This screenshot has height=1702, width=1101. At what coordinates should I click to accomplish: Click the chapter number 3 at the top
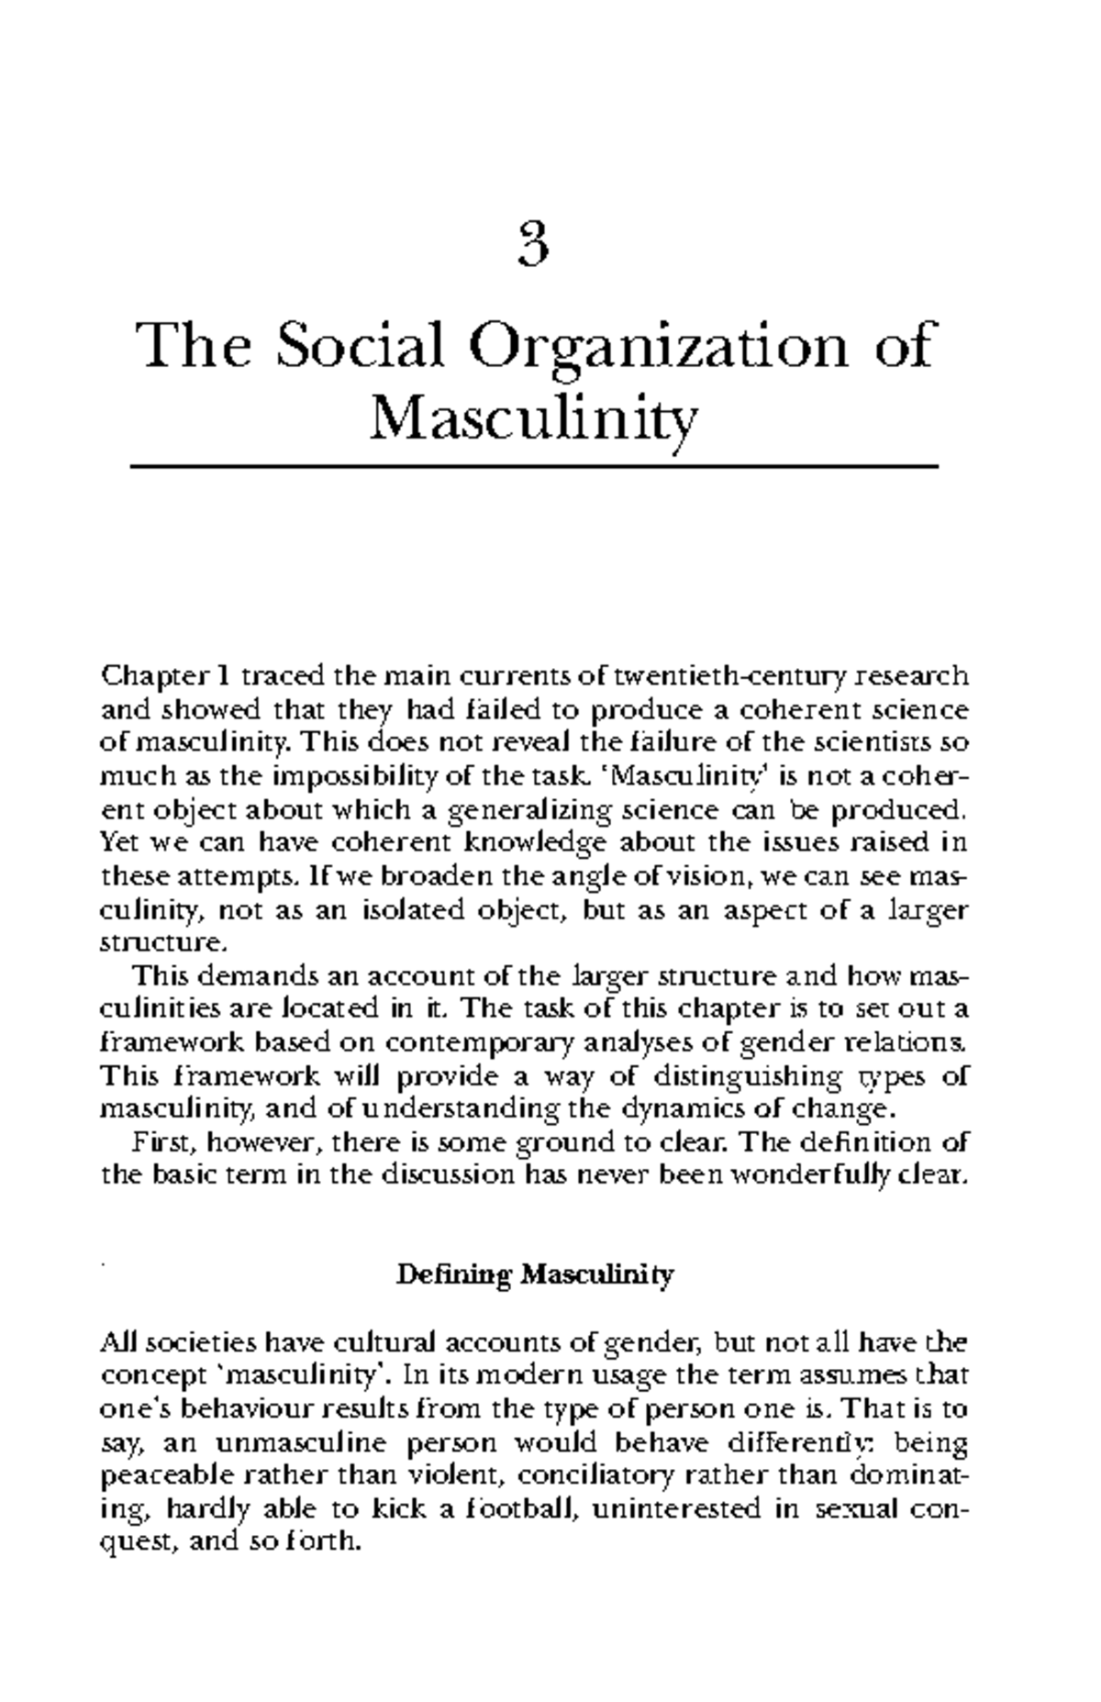(533, 247)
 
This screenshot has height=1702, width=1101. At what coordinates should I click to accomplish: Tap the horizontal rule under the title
(535, 467)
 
